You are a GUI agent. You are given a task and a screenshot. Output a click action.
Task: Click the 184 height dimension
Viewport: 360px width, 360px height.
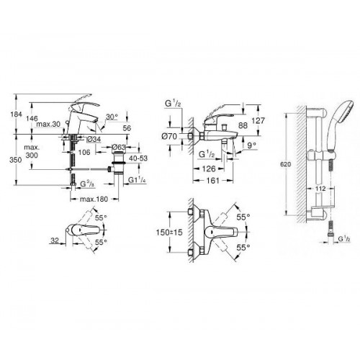[16, 114]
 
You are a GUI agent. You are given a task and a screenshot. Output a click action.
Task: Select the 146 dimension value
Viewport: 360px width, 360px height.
[32, 118]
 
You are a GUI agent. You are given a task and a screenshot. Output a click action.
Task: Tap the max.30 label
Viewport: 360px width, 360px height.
[48, 125]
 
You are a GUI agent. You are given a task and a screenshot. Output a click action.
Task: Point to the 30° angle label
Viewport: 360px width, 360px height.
[112, 117]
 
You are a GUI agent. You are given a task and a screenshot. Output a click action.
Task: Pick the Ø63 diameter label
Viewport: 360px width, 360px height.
[119, 147]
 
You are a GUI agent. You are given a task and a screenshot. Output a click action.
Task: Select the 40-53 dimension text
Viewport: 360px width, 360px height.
[138, 158]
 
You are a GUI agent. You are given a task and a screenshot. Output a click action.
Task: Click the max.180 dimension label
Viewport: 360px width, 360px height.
[94, 199]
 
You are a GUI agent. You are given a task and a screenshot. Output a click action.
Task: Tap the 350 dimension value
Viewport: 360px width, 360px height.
[16, 160]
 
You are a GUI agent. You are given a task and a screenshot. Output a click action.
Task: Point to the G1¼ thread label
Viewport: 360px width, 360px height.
[137, 180]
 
